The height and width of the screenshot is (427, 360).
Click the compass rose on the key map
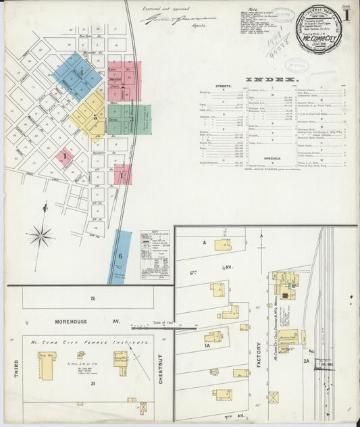[x=41, y=236]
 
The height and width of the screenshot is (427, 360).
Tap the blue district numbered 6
[x=121, y=256]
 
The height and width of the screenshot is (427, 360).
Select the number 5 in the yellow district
[x=95, y=117]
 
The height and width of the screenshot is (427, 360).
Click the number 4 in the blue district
[x=81, y=72]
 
